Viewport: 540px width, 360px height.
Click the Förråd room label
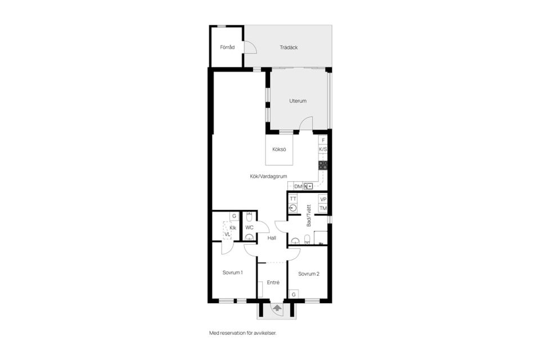[227, 47]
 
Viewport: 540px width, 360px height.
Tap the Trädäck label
[289, 48]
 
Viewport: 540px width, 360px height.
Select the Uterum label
[298, 101]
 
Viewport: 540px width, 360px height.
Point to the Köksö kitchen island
[279, 150]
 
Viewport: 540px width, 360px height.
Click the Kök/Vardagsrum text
[269, 177]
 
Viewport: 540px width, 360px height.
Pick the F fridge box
[323, 140]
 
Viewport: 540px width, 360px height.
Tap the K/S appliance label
[323, 149]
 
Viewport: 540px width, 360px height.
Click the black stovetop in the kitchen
[323, 165]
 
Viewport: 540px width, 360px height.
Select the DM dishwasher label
[298, 186]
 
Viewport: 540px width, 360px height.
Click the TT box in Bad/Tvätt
[292, 199]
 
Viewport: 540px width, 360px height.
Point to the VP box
[323, 200]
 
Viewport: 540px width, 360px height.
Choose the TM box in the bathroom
[323, 208]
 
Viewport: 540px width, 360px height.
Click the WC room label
[249, 228]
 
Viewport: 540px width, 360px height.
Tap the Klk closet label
[233, 228]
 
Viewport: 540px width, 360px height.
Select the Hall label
[272, 238]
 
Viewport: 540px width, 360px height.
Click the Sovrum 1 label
[233, 272]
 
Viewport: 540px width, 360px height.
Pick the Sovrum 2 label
[309, 274]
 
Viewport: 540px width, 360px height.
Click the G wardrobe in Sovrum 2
[294, 295]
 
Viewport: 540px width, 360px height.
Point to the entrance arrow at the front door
[277, 308]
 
